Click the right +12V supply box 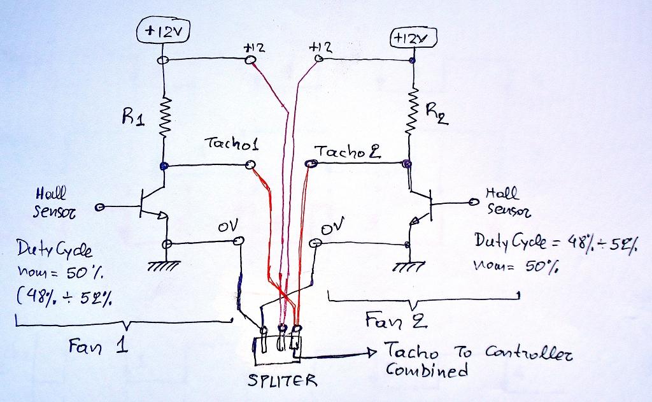(412, 39)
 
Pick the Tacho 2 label (348, 152)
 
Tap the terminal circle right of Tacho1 (250, 166)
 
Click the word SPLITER (282, 381)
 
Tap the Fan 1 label (98, 347)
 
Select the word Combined (427, 371)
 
